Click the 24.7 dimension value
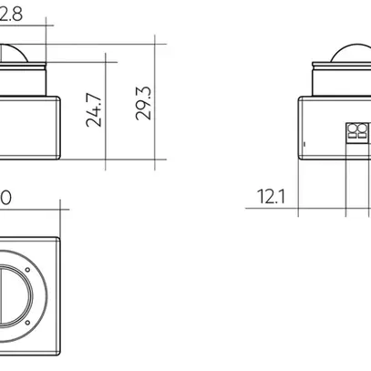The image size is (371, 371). (x=94, y=108)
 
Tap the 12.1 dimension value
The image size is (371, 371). (x=271, y=195)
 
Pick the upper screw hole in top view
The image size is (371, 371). (x=27, y=271)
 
